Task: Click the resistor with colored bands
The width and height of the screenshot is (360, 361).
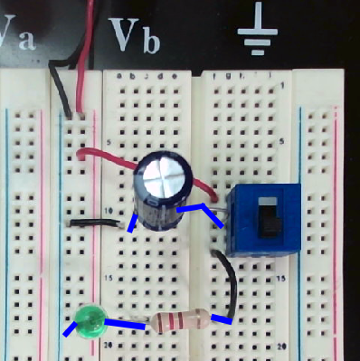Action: (x=181, y=321)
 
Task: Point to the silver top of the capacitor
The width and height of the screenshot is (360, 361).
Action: (x=163, y=174)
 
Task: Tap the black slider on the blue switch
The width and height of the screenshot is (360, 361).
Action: (x=269, y=220)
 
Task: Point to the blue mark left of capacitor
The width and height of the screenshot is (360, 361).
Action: (x=133, y=223)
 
